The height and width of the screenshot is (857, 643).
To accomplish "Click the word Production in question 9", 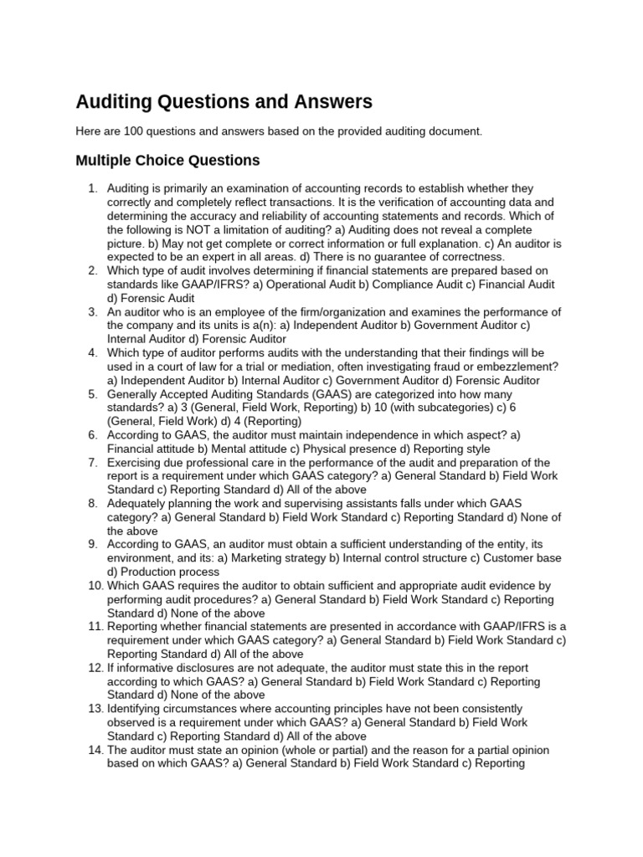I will (152, 572).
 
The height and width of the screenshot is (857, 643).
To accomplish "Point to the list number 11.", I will (95, 627).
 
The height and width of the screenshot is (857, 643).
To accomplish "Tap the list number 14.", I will (95, 750).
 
